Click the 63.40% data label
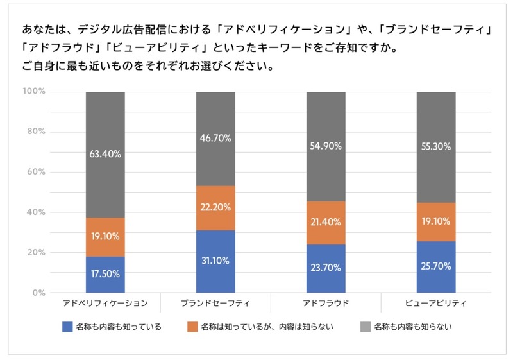pyautogui.click(x=106, y=154)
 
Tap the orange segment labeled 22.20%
pyautogui.click(x=215, y=208)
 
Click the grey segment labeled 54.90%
pyautogui.click(x=326, y=146)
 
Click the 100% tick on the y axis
pyautogui.click(x=34, y=92)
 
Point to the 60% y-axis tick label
pyautogui.click(x=36, y=172)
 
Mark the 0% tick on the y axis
pyautogui.click(x=38, y=293)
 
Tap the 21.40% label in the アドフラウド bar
pyautogui.click(x=326, y=222)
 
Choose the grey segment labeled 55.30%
pyautogui.click(x=436, y=147)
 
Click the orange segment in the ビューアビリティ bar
pyautogui.click(x=436, y=222)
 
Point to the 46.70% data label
pyautogui.click(x=215, y=138)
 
